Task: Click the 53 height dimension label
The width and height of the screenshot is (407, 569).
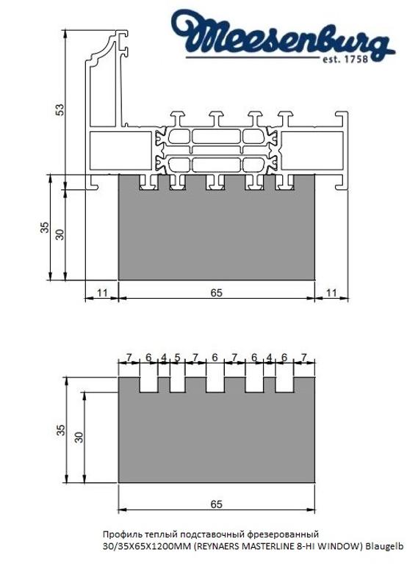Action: click(x=61, y=109)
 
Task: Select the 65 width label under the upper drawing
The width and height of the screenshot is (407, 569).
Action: click(x=217, y=293)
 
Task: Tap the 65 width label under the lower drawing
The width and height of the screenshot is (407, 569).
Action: click(x=217, y=504)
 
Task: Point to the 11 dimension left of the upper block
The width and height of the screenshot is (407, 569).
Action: click(x=102, y=293)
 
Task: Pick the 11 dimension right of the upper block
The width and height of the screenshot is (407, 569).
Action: click(x=331, y=293)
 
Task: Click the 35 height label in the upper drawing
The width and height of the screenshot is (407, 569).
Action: click(x=44, y=228)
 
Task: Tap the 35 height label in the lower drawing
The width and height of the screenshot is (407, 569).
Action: click(x=62, y=429)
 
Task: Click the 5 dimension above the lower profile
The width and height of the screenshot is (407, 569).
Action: click(x=177, y=358)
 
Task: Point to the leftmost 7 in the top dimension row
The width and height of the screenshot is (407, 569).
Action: click(x=129, y=358)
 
